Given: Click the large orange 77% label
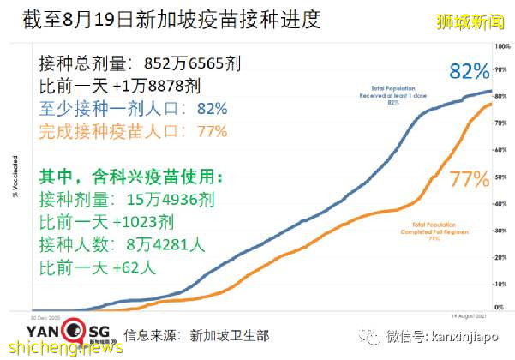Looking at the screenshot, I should (469, 179).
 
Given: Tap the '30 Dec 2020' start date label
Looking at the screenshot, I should (45, 314).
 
